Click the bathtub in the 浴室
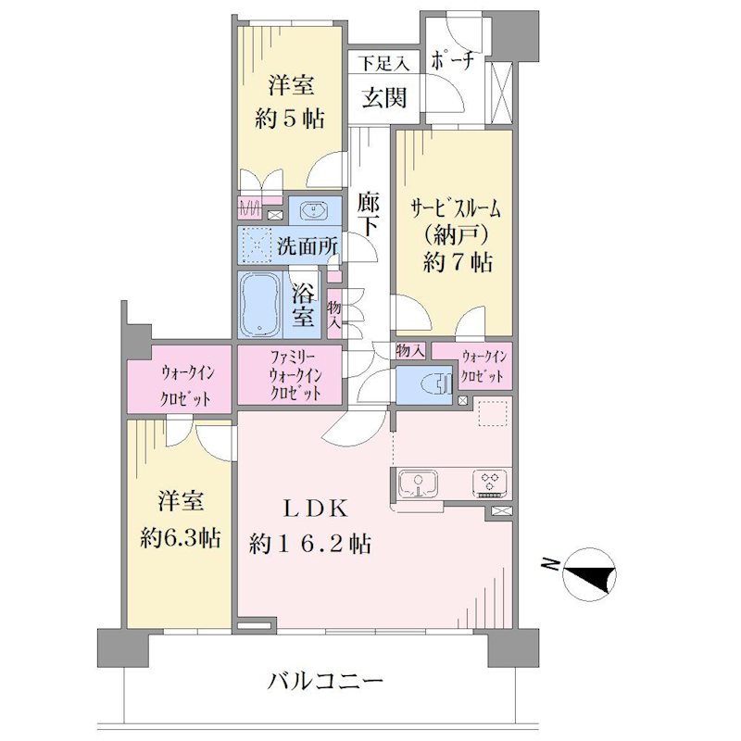[x=260, y=305]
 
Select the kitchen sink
[x=419, y=484]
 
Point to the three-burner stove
[x=491, y=484]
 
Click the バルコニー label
[x=325, y=682]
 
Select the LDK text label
[x=316, y=509]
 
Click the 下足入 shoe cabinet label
[x=383, y=63]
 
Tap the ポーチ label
[x=453, y=60]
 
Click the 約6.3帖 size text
[x=180, y=537]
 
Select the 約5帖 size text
[x=290, y=119]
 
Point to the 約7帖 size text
[x=458, y=262]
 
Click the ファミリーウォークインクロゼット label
[x=295, y=375]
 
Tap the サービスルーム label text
[x=456, y=207]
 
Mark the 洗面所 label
[x=308, y=245]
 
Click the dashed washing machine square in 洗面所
[x=257, y=245]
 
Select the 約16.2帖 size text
[x=310, y=544]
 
